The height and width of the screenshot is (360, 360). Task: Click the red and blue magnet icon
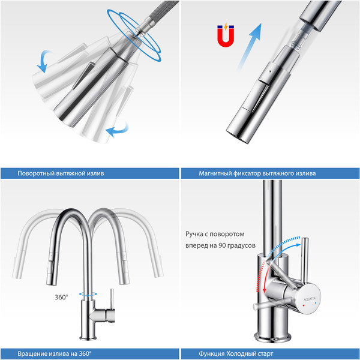click(226, 35)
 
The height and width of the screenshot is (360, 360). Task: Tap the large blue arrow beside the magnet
click(250, 46)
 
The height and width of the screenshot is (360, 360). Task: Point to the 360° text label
click(61, 297)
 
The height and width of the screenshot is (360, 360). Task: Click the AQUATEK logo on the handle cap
click(310, 299)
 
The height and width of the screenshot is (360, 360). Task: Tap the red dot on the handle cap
click(304, 305)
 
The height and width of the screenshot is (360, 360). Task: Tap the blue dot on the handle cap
click(316, 303)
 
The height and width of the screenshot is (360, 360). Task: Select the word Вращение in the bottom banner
click(32, 353)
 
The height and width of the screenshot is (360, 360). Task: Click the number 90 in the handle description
click(222, 245)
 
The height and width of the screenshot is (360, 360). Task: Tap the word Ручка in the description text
click(194, 234)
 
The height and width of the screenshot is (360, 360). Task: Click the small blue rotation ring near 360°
click(88, 294)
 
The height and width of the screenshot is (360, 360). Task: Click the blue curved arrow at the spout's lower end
click(117, 130)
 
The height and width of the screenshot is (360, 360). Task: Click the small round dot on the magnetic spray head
click(270, 71)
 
